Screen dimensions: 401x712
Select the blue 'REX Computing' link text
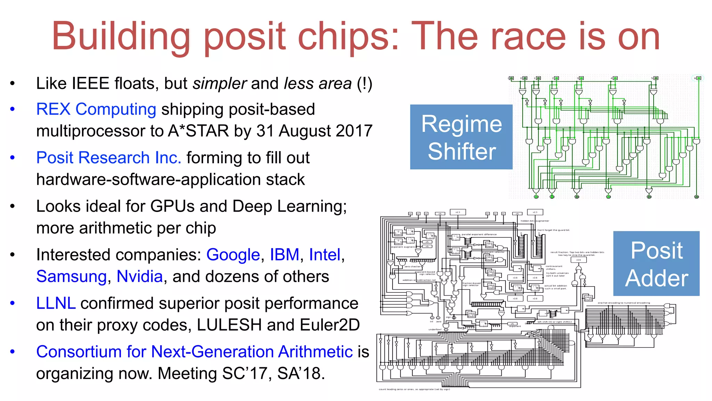point(96,109)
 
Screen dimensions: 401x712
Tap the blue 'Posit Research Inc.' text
point(109,158)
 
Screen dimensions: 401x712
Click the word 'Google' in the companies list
point(233,255)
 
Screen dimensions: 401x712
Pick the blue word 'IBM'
point(284,255)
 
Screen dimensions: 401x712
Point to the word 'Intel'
point(325,255)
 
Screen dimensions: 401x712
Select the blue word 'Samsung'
point(72,277)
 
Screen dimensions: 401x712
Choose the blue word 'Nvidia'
point(139,277)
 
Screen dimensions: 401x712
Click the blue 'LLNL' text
point(56,303)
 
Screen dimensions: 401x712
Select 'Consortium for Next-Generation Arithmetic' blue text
point(194,352)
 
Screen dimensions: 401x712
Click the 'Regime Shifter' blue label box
point(461,137)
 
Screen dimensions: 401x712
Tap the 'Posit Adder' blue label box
point(656,264)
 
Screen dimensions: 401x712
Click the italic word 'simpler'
point(220,84)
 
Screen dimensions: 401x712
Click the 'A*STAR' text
point(198,131)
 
